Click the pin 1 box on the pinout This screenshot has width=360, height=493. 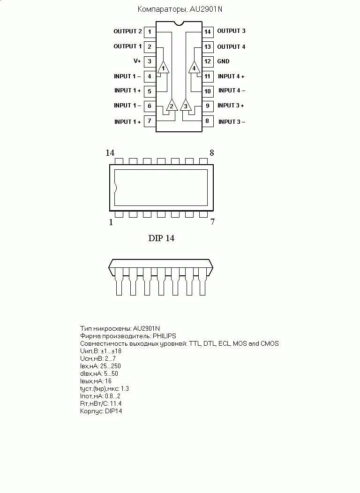(x=150, y=32)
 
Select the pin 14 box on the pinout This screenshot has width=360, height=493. (x=208, y=32)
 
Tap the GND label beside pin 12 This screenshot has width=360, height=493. (x=223, y=61)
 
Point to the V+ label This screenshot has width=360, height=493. (x=137, y=61)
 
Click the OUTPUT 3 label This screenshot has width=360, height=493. (x=231, y=31)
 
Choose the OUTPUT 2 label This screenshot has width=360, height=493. (x=127, y=31)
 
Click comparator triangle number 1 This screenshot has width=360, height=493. (x=163, y=67)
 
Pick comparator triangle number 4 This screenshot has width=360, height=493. (x=194, y=67)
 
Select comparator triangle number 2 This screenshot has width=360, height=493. (x=172, y=105)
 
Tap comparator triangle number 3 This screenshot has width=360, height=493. (x=186, y=105)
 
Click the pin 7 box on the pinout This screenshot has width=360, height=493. (x=150, y=121)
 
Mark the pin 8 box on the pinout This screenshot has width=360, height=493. (x=208, y=121)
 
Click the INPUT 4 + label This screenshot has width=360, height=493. (x=231, y=76)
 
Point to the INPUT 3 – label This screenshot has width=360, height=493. (x=232, y=121)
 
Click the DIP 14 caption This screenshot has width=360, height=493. (x=161, y=238)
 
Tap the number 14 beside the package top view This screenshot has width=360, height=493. (x=110, y=153)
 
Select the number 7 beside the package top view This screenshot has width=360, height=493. (x=212, y=222)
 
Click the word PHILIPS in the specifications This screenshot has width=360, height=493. (x=164, y=336)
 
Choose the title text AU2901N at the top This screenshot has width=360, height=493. (x=206, y=9)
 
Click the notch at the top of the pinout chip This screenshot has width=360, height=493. (x=179, y=23)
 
